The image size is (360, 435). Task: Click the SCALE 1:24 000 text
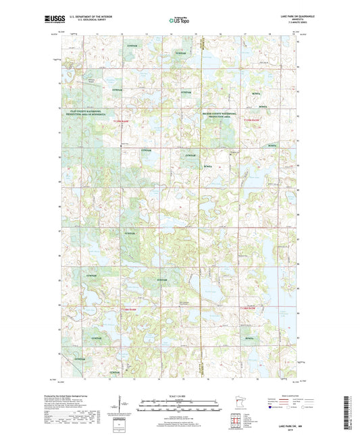[179, 395]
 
